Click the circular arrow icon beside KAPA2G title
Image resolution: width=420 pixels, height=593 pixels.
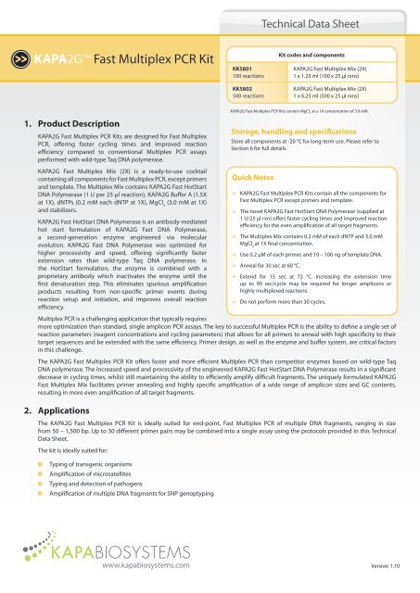pos(17,69)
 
